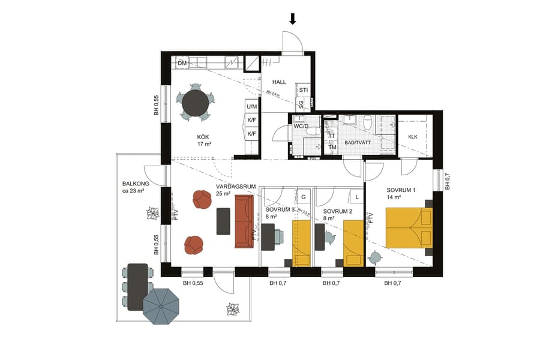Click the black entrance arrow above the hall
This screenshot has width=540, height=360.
point(293,19)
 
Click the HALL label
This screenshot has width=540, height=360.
point(280,82)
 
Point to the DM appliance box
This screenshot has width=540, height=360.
point(183,63)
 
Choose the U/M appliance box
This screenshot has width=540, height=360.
point(252,106)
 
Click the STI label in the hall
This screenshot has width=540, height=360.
point(304,91)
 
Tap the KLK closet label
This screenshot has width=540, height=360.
point(413,137)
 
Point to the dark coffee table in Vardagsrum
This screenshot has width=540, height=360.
point(223,221)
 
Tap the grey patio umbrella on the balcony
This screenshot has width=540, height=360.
point(162,307)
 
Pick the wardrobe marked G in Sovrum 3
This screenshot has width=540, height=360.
point(304,197)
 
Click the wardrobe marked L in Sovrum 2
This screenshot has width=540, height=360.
point(356,197)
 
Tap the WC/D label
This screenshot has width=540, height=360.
point(301,127)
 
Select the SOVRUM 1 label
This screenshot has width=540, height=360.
point(401,190)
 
